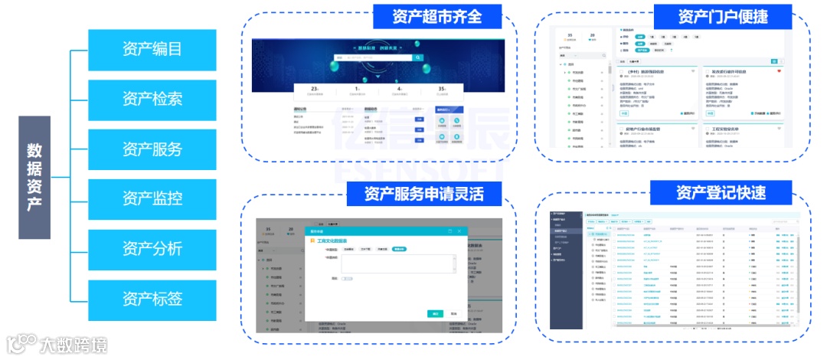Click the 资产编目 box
point(152,50)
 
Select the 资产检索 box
point(152,100)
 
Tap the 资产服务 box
point(152,149)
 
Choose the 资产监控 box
point(152,199)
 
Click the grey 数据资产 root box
point(34,177)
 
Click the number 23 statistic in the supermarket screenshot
point(315,90)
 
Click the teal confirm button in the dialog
point(435,313)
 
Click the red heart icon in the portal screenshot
point(780,71)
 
